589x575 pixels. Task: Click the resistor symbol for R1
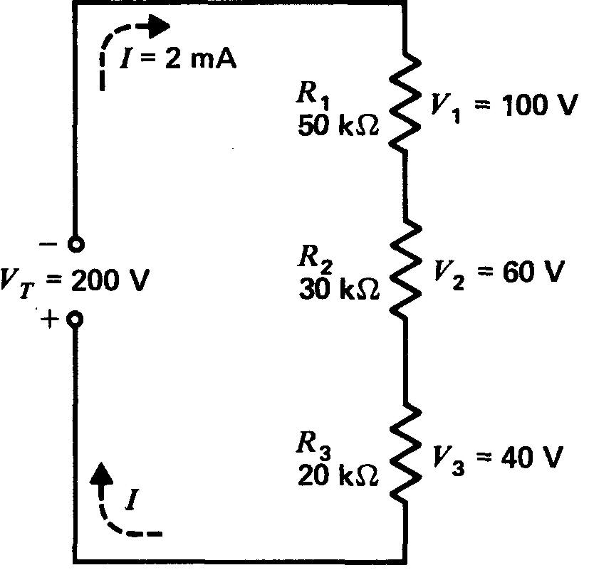point(405,101)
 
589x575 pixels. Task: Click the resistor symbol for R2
point(405,270)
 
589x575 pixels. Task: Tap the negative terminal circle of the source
point(75,244)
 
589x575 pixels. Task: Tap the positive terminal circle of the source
point(75,319)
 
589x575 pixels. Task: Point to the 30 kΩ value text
point(338,290)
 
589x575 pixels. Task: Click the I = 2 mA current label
point(177,58)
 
